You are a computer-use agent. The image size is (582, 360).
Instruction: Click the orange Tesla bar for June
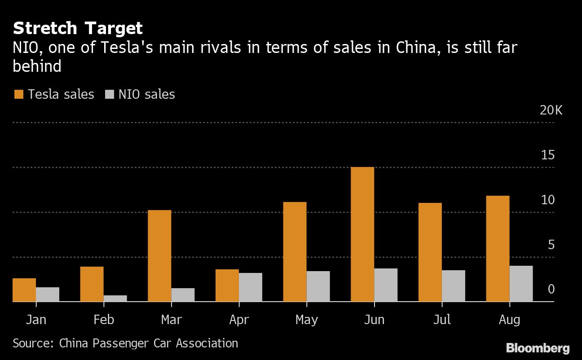(362, 234)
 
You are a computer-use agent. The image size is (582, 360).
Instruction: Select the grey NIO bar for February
(115, 299)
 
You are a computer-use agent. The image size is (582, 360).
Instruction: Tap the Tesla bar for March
(159, 256)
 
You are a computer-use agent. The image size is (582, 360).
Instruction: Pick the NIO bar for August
(521, 284)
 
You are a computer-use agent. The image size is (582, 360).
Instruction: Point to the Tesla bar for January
(24, 290)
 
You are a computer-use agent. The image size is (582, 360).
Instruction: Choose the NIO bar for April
(251, 287)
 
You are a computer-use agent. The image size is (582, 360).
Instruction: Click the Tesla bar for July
(430, 252)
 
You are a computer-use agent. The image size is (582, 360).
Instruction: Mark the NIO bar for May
(318, 286)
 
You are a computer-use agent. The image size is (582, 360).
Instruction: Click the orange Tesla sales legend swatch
(19, 94)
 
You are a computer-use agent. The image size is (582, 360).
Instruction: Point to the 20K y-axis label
(551, 110)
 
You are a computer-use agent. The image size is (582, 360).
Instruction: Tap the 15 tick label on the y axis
(548, 155)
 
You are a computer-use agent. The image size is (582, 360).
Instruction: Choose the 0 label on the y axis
(551, 290)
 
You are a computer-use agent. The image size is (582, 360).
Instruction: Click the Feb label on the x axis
(104, 320)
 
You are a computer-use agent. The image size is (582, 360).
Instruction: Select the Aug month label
(510, 320)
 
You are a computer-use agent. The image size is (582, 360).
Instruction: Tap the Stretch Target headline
(78, 29)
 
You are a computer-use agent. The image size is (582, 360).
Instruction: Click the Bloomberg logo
(538, 348)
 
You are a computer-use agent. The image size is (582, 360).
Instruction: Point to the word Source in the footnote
(32, 343)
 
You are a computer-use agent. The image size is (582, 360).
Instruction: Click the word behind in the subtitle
(37, 66)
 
